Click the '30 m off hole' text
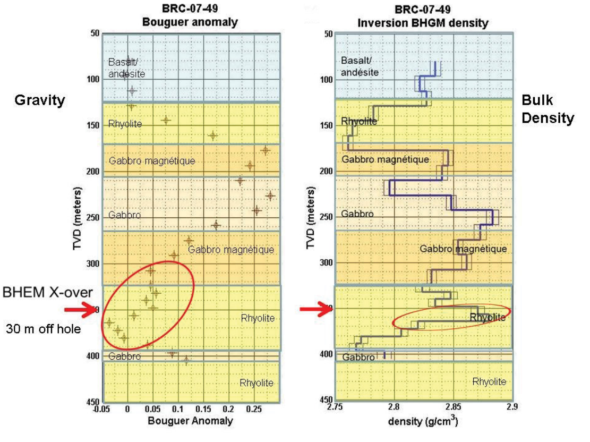(x=44, y=329)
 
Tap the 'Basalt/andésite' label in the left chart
(x=126, y=67)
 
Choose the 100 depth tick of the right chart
(x=326, y=80)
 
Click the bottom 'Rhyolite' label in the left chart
(x=257, y=382)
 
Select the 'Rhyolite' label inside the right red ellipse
(x=487, y=318)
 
